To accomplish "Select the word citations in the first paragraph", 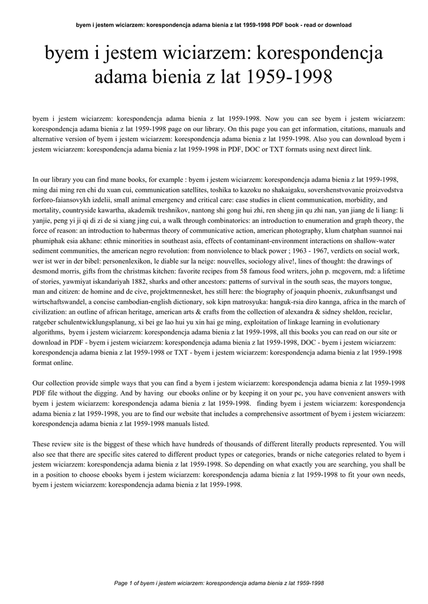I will tap(300, 128).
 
